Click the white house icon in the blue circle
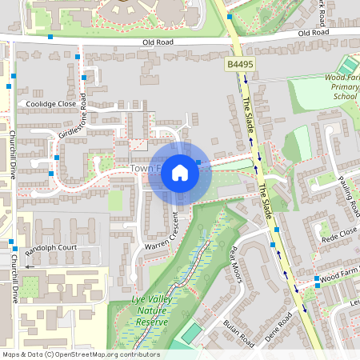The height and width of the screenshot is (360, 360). click(x=180, y=173)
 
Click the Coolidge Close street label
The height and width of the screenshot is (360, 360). click(x=51, y=104)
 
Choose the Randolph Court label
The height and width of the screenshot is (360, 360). click(x=51, y=247)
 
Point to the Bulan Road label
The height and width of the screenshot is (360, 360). click(x=238, y=332)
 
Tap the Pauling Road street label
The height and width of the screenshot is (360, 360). click(x=347, y=195)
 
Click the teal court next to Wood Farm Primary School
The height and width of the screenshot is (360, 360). click(x=349, y=64)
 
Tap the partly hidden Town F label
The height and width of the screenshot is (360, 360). click(x=144, y=169)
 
